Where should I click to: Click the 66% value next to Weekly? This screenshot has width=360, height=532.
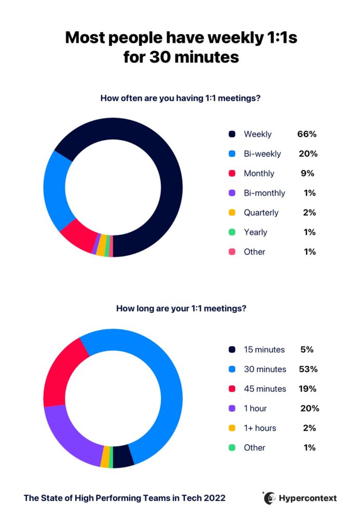(307, 134)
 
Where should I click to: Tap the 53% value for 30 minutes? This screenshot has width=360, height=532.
(308, 369)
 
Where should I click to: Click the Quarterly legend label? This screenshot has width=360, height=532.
(261, 212)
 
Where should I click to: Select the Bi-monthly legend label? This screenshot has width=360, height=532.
(264, 193)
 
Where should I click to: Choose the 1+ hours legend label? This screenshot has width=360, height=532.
(260, 428)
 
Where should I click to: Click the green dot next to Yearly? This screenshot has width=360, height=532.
(232, 232)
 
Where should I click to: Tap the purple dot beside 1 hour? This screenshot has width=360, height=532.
(232, 408)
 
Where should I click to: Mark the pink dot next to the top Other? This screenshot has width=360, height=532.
(232, 252)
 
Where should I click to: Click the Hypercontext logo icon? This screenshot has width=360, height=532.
(269, 498)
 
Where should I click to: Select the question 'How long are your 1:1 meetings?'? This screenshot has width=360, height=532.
(181, 308)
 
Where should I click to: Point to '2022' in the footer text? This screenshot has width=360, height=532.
(215, 498)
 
